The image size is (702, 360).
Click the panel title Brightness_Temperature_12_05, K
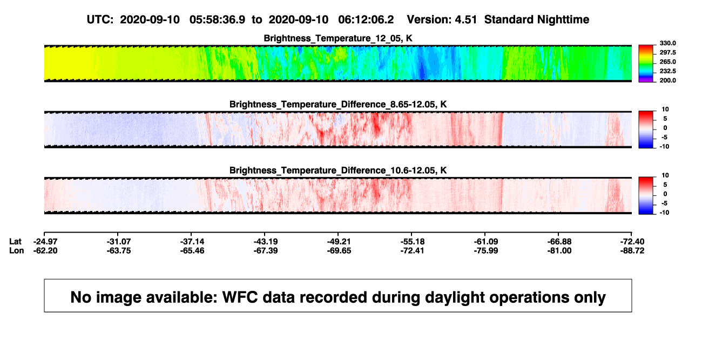click(338, 38)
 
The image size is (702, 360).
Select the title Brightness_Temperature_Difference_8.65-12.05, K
click(338, 104)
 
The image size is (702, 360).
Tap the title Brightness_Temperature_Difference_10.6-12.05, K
click(338, 171)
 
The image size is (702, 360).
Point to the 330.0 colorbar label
click(667, 43)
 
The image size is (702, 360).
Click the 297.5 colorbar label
click(667, 53)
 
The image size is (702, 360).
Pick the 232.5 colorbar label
click(667, 71)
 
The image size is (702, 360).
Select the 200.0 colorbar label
click(667, 80)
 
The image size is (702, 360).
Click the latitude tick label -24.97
click(45, 242)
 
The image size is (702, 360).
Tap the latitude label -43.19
click(266, 242)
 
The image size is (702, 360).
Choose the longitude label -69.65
click(339, 251)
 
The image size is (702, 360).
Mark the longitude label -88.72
click(632, 251)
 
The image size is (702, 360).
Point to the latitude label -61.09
click(486, 242)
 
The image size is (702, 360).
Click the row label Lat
click(15, 242)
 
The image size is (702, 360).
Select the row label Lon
click(16, 251)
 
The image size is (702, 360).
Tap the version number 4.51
click(466, 20)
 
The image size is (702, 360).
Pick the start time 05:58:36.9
click(217, 20)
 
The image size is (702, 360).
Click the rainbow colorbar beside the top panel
click(646, 64)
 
